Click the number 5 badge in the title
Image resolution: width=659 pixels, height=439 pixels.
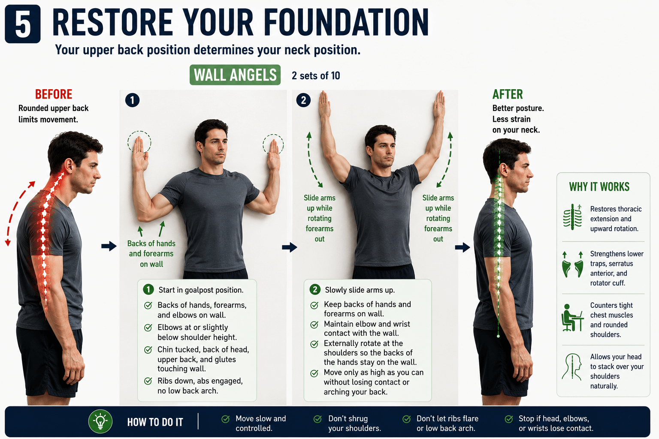click(x=23, y=24)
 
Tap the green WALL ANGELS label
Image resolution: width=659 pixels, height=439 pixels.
click(x=235, y=75)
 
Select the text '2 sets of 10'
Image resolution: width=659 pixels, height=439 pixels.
click(x=316, y=75)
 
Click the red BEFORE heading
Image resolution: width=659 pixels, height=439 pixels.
click(x=54, y=94)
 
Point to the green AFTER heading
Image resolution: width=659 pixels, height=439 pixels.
click(x=508, y=94)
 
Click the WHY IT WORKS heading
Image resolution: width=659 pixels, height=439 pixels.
click(x=599, y=187)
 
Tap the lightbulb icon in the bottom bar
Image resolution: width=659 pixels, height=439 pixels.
click(x=100, y=421)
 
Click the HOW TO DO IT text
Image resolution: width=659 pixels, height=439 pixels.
click(x=155, y=422)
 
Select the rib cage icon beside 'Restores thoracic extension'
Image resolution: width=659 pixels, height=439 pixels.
click(x=572, y=217)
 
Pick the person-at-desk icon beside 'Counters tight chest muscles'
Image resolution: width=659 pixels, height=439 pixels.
click(x=572, y=318)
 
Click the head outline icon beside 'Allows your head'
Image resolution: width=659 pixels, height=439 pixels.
click(x=572, y=367)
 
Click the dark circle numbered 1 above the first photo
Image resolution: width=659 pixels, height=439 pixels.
click(x=133, y=100)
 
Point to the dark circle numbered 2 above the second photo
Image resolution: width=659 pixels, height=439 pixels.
click(x=303, y=100)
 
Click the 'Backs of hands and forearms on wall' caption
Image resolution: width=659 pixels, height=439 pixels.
click(x=151, y=254)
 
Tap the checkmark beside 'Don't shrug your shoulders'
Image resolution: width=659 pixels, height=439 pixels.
click(x=317, y=419)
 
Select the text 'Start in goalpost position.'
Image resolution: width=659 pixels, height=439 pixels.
click(x=201, y=290)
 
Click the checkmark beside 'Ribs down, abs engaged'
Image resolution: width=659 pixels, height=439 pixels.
click(x=148, y=382)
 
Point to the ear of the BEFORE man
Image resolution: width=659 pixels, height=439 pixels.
click(x=69, y=166)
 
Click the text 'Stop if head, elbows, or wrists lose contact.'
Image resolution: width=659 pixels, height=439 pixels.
click(x=556, y=424)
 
